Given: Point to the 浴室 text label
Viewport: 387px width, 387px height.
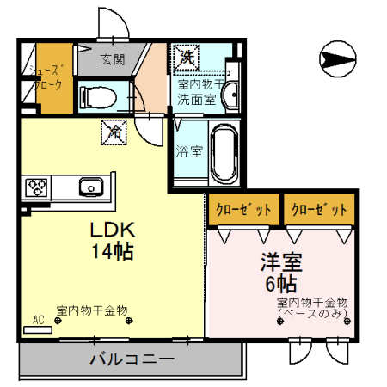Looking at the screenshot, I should click(x=189, y=152).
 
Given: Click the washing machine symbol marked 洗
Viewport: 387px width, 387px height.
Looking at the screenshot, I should click(x=187, y=58).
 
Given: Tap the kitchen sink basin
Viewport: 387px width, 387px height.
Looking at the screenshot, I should click(x=89, y=187).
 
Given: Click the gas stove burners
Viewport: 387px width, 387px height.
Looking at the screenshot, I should click(x=38, y=187).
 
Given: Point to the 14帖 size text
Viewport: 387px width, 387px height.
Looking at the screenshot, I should click(x=113, y=252).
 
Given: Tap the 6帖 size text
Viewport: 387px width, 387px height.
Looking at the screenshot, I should click(x=278, y=283).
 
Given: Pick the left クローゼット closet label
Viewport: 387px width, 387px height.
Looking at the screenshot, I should click(x=245, y=210).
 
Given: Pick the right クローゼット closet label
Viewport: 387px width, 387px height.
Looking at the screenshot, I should click(x=319, y=210).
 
